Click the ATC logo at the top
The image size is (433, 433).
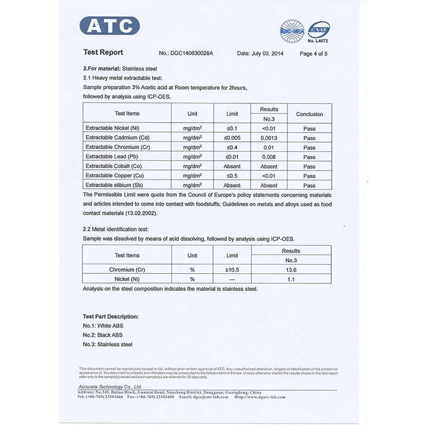point(110,26)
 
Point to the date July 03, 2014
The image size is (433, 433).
point(260,54)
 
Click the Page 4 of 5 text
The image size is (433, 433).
point(313,54)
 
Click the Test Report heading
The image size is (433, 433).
point(103,53)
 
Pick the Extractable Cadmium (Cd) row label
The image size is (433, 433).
point(117,137)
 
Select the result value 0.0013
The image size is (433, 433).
point(269,138)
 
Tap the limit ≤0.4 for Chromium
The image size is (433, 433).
point(232,147)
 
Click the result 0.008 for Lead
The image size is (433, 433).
point(269,157)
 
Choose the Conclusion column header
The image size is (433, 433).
point(309,114)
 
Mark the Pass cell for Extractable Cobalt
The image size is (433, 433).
point(309,167)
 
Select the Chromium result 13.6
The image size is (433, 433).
point(291,270)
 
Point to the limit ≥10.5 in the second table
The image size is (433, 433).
point(232,270)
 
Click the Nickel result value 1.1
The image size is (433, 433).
point(291,279)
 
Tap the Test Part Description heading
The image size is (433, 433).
point(110,316)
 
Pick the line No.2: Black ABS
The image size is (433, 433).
point(103,335)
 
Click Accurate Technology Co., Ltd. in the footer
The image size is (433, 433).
point(110,387)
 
